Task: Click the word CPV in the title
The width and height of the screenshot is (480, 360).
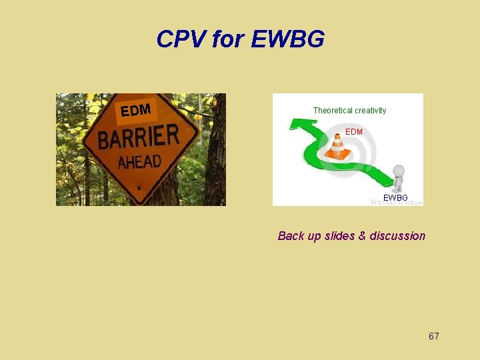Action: coord(181,40)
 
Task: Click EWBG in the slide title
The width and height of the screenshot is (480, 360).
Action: coord(288,40)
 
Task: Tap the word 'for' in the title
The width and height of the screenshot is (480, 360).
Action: coord(229,40)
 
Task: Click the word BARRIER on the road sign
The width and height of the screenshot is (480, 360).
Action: coord(139,138)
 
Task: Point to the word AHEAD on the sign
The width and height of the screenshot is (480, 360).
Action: coord(139,162)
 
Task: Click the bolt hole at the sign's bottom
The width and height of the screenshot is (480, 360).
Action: coord(139,188)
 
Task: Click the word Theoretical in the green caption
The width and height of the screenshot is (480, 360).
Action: coord(333,111)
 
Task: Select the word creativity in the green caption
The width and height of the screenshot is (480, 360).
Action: coord(370,111)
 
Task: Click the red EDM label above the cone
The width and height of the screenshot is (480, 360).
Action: coord(354,132)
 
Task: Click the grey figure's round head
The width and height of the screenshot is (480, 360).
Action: coord(399,170)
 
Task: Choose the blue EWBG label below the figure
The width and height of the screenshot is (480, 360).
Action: coord(395,198)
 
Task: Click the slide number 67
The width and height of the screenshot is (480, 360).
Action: coord(433,336)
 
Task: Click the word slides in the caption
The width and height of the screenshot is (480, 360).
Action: coord(339,236)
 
